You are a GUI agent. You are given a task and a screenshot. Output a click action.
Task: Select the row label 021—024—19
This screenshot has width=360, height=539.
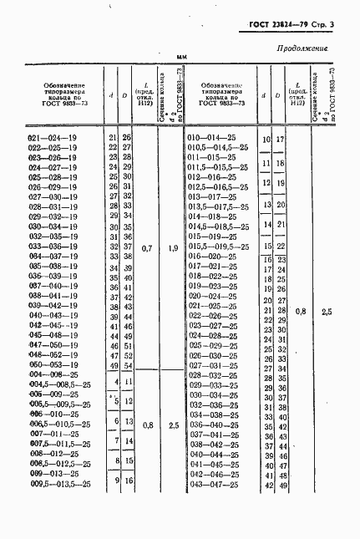pos(53,136)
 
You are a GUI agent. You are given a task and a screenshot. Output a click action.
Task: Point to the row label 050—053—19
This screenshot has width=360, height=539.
pos(53,365)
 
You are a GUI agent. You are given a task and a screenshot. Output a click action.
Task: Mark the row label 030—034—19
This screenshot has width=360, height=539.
pos(53,226)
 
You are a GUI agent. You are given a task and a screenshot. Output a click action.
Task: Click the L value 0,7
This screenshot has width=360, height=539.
pos(147,248)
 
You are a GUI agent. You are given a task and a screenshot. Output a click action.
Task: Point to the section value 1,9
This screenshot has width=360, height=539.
pos(173,248)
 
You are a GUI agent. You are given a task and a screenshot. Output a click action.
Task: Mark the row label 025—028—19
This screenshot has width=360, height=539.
pos(53,176)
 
